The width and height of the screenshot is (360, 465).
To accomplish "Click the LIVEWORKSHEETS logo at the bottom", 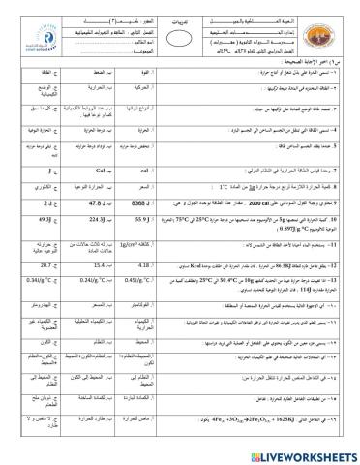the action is [309, 454].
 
